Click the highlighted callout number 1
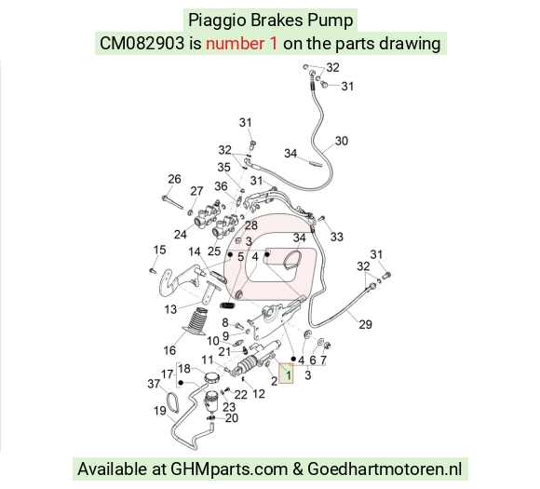point(289,374)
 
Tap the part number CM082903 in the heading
point(142,44)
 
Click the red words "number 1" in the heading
point(241,44)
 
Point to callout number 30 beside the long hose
point(342,141)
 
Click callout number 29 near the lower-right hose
point(365,324)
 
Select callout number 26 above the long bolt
point(174,179)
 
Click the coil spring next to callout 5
point(227,306)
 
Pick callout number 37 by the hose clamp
point(154,384)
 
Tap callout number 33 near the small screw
point(337,237)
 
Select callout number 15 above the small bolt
point(159,250)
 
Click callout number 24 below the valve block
point(180,235)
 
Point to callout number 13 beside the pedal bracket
point(170,309)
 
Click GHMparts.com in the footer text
point(229,469)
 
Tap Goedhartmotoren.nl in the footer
point(385,469)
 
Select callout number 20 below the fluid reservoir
point(232,417)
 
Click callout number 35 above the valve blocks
point(223,167)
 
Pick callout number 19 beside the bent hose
point(160,411)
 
